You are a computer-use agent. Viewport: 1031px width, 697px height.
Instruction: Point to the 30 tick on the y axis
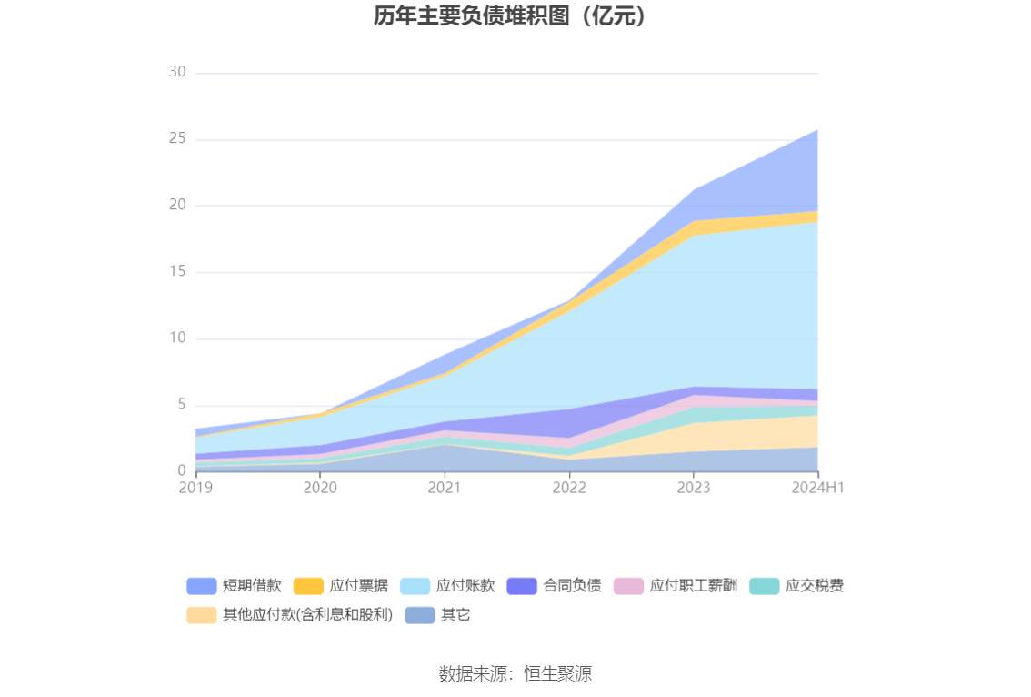point(177,72)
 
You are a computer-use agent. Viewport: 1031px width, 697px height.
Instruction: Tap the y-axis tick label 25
point(177,138)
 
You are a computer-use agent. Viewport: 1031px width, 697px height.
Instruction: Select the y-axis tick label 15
point(177,271)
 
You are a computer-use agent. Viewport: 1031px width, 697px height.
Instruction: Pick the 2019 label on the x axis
point(195,488)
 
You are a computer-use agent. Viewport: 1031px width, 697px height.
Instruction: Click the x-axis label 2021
point(445,488)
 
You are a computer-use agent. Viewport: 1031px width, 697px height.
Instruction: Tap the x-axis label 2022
point(569,488)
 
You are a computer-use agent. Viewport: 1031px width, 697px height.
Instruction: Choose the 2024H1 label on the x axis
point(818,488)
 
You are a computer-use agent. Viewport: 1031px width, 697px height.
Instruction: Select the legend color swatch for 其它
point(420,615)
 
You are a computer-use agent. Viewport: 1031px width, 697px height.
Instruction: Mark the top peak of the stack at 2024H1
point(817,130)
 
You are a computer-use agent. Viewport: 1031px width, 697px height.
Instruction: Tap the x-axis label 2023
point(694,488)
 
